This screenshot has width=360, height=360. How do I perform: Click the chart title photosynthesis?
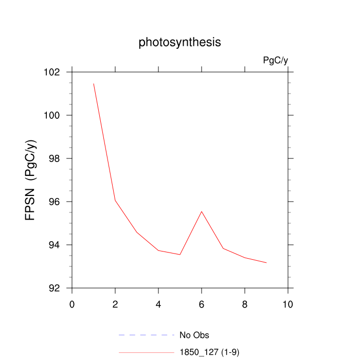(179, 42)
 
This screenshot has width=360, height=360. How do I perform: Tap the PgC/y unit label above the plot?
(275, 61)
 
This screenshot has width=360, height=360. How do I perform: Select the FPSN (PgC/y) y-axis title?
(31, 180)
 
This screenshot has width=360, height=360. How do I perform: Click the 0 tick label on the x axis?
(72, 304)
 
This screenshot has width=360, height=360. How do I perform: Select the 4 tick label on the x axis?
(158, 304)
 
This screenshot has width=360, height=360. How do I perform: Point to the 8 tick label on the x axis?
(245, 304)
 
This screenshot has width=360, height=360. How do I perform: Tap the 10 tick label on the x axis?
(288, 304)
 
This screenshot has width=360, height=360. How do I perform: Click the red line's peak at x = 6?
(202, 211)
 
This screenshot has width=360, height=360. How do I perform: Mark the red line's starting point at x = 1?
(94, 83)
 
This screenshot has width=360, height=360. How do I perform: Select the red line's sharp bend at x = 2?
(115, 200)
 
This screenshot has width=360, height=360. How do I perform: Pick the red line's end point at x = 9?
(266, 263)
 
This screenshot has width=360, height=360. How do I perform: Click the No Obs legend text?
(194, 335)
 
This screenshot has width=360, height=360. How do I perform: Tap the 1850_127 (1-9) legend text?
(209, 352)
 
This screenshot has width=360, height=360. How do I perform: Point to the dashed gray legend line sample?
(147, 335)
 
